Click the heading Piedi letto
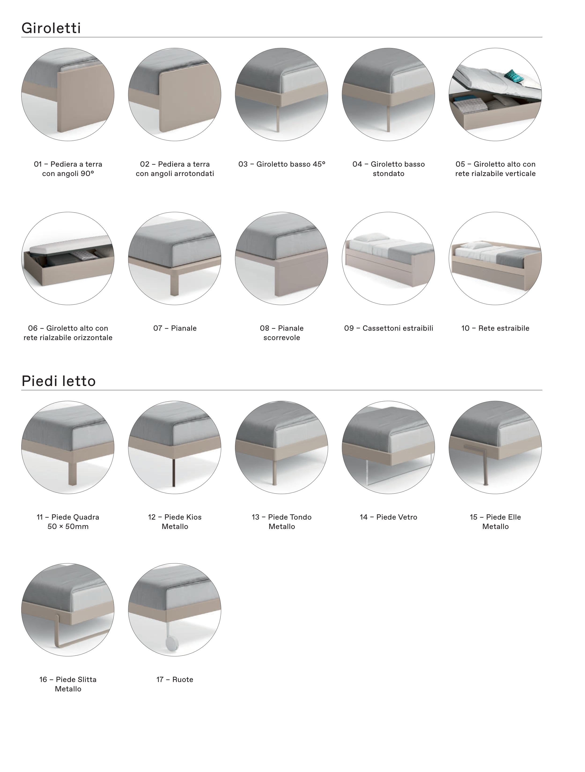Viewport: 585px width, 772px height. click(x=59, y=381)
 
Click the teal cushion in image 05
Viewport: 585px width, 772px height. click(x=515, y=76)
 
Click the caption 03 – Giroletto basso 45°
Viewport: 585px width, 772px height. click(x=282, y=164)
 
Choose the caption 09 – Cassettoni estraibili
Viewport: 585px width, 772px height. click(x=389, y=328)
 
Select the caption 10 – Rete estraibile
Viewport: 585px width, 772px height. click(x=495, y=328)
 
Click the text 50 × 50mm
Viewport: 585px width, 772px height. click(x=68, y=526)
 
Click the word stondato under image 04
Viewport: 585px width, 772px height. click(x=389, y=173)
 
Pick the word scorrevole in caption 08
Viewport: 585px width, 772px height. click(x=282, y=337)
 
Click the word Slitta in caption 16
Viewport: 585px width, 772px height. click(x=86, y=679)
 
